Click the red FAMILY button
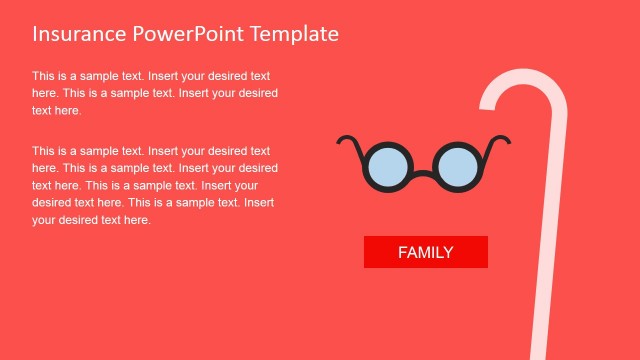point(425,252)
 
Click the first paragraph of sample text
point(154,93)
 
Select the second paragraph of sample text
point(154,185)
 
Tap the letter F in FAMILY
point(403,253)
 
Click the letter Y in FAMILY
point(447,253)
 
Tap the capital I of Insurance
point(35,33)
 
